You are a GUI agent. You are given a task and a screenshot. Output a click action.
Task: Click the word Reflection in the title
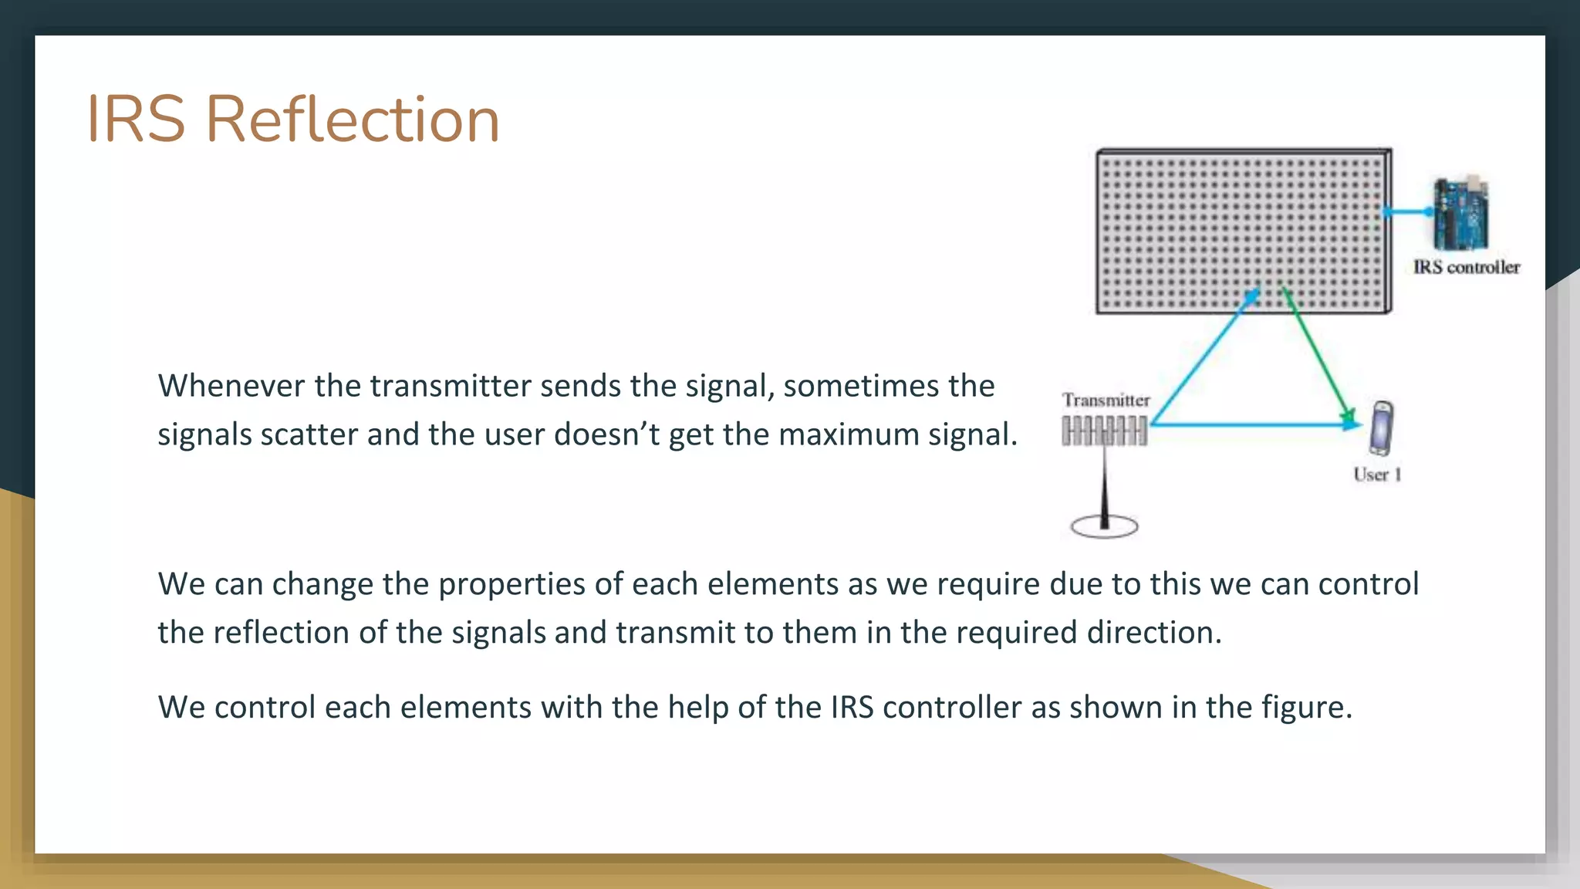pos(353,120)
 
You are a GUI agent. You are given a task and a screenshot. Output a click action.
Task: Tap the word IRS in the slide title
pos(136,120)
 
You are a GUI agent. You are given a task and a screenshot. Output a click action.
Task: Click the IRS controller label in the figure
pos(1466,267)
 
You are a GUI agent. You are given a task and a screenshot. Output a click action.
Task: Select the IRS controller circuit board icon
pos(1460,214)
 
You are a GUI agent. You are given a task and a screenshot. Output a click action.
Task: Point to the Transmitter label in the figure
pos(1106,400)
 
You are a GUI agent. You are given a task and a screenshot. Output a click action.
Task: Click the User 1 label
pos(1377,475)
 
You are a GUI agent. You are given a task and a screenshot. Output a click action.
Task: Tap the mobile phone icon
pos(1381,428)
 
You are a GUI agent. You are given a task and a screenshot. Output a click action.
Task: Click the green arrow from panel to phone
pos(1317,355)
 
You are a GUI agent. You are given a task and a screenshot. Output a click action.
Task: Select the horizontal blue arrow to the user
pos(1250,424)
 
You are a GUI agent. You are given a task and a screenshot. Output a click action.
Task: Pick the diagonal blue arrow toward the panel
pos(1204,357)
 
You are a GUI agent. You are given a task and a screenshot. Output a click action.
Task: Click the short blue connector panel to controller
pos(1407,211)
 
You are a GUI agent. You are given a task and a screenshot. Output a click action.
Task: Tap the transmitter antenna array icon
pos(1104,431)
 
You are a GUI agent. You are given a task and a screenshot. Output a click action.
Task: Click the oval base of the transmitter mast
pos(1104,527)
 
